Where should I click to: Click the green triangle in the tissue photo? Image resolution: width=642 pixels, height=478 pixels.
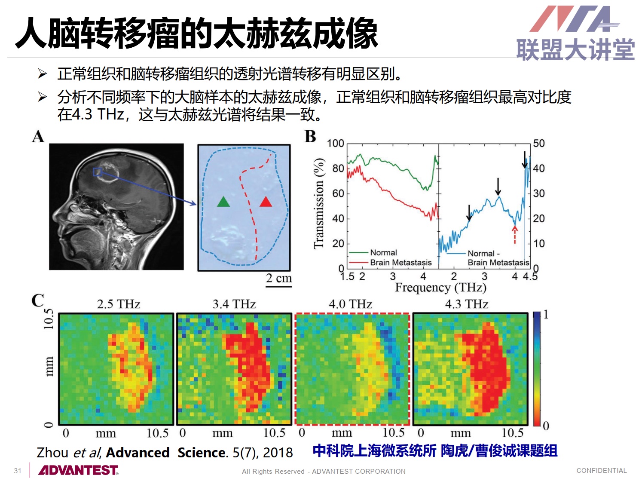click(x=223, y=202)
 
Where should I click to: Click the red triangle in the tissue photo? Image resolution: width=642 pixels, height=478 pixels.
click(x=266, y=202)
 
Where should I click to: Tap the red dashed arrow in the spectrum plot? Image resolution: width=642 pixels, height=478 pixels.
click(x=515, y=235)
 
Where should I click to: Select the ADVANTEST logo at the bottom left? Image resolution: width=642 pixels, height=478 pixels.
click(x=79, y=470)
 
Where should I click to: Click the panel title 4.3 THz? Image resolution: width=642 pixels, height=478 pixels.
click(x=467, y=304)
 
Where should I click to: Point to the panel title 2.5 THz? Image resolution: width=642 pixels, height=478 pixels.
click(x=118, y=304)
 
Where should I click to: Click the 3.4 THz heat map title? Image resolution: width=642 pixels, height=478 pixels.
click(x=234, y=304)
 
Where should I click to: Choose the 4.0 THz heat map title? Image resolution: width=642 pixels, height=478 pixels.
click(x=350, y=304)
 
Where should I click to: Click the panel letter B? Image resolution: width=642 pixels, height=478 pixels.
click(x=310, y=136)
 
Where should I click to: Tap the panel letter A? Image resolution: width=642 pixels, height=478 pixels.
click(x=38, y=136)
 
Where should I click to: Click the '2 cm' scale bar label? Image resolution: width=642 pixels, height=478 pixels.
click(x=279, y=278)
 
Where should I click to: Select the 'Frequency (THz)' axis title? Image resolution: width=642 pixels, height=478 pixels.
click(x=440, y=288)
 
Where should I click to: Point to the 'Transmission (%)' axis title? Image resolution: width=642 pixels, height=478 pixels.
click(x=319, y=203)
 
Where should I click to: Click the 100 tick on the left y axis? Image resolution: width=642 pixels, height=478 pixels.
click(x=335, y=143)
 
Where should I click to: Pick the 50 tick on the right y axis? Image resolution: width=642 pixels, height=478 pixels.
click(x=539, y=143)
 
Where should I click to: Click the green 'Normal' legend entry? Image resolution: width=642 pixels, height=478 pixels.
click(x=373, y=252)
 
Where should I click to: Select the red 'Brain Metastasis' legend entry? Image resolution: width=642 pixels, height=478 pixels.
click(x=390, y=262)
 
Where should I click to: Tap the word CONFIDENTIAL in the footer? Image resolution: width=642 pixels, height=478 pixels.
click(x=602, y=470)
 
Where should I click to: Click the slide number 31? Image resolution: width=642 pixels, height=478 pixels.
click(x=18, y=471)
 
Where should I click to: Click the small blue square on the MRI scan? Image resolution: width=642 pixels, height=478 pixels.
click(x=97, y=172)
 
